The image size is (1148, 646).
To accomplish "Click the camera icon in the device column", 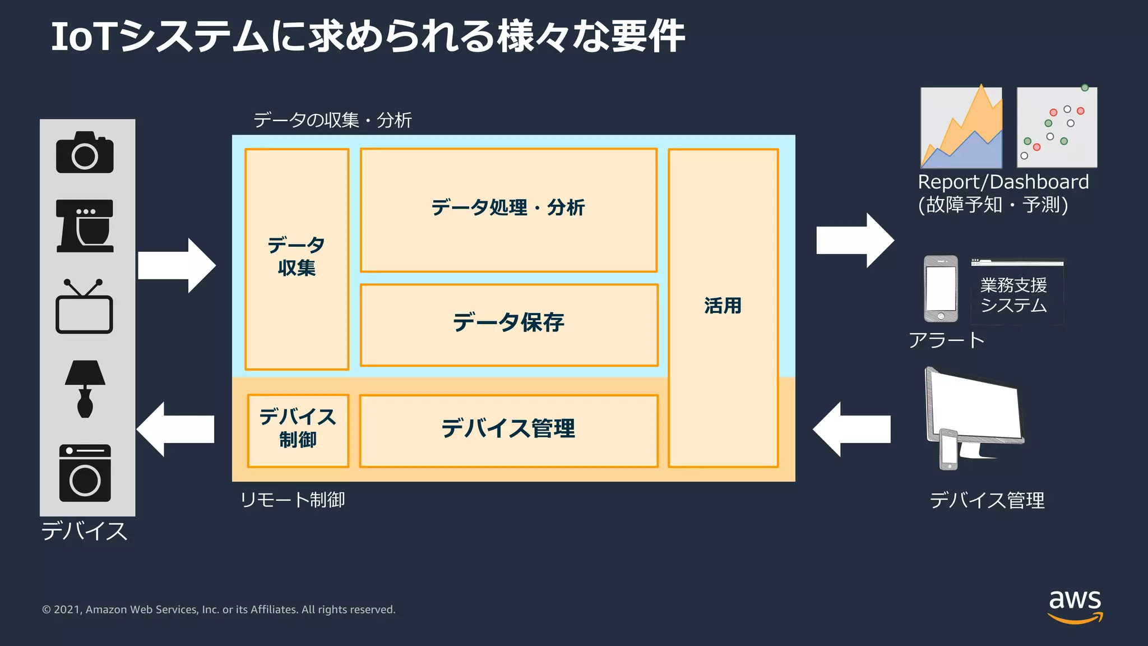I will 85,153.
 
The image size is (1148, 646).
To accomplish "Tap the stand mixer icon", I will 85,226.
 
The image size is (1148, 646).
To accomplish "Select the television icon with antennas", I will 84,307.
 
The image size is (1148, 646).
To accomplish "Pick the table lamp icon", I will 85,388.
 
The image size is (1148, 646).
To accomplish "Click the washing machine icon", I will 85,473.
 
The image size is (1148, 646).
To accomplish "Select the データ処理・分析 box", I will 508,209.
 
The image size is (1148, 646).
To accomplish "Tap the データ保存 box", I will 508,324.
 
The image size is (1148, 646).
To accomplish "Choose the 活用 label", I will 723,306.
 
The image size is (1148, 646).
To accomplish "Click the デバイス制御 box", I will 298,430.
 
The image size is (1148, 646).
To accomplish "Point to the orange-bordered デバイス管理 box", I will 508,430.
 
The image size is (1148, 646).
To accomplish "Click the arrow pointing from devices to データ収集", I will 177,265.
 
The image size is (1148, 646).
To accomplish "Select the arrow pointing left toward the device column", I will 175,429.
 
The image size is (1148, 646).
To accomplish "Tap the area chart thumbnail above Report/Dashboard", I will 961,127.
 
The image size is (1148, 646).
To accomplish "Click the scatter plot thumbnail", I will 1057,127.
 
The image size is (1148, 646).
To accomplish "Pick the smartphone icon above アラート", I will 941,289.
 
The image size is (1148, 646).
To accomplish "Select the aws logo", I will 1075,606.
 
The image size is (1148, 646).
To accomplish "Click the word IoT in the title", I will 84,37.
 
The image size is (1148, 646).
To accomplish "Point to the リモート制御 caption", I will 292,499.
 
